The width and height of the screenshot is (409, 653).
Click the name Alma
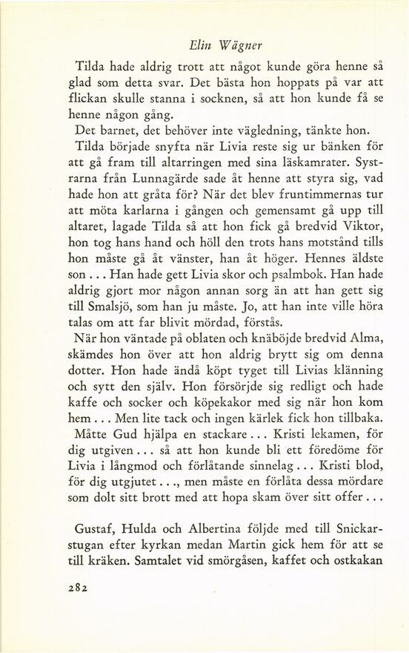tap(362, 338)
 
